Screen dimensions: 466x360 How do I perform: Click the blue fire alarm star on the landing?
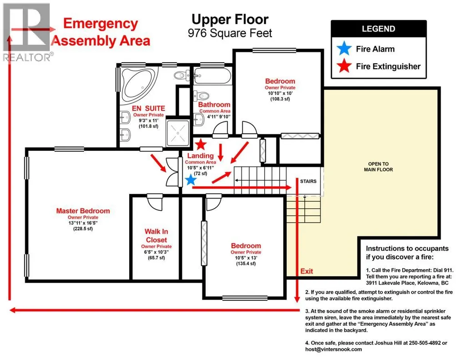(x=190, y=180)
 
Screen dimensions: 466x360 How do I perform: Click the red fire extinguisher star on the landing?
(x=201, y=145)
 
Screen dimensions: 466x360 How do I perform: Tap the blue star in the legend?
(x=344, y=48)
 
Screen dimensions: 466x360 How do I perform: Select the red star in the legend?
(x=344, y=65)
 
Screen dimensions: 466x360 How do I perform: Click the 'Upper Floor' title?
(x=230, y=20)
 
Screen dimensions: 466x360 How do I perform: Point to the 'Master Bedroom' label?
(x=83, y=211)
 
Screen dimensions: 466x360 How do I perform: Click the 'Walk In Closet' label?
(x=156, y=235)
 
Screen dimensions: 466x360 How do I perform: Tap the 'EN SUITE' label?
(x=148, y=109)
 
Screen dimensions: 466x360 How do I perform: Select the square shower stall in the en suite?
(x=178, y=133)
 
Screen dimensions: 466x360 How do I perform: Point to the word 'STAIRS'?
(x=308, y=181)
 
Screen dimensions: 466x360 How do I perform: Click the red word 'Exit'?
(x=306, y=271)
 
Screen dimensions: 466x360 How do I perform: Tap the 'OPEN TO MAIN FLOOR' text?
(x=378, y=167)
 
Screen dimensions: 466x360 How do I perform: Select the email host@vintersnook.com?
(x=333, y=349)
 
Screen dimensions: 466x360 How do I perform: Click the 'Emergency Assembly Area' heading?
(x=101, y=32)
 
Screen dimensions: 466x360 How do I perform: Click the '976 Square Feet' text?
(x=230, y=33)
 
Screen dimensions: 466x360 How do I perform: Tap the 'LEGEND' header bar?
(x=379, y=29)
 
